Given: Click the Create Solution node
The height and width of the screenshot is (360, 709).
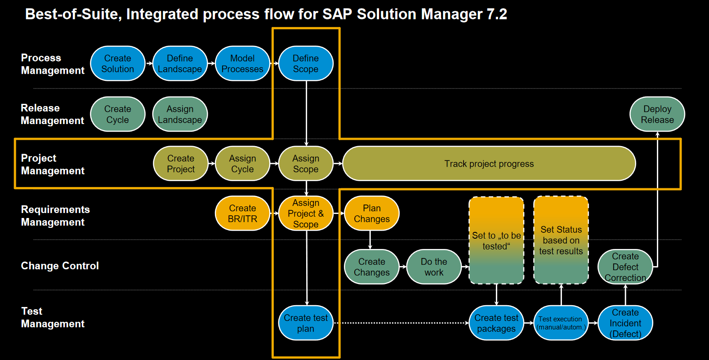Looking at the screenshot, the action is pos(118,63).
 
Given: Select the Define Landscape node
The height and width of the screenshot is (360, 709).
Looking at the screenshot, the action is pos(180,63).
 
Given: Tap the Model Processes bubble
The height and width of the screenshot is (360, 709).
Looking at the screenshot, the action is pos(242,63).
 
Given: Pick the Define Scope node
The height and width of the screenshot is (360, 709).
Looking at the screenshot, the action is pos(306,63).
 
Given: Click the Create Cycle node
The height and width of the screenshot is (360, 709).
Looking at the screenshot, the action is pos(118,114).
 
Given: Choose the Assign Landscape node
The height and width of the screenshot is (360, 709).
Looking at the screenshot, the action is pos(180,114).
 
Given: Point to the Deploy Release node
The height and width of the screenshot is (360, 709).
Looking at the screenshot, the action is pos(657,114).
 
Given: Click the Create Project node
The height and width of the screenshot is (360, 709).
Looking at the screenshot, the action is pos(181,164).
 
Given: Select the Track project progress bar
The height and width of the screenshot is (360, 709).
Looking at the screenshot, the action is pos(489,164).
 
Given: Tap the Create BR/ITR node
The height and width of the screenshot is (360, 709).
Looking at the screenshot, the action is pos(242,213).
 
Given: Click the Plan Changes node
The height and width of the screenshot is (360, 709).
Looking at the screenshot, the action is pos(372,213).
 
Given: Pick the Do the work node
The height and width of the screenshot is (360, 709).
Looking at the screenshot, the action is pos(434,267).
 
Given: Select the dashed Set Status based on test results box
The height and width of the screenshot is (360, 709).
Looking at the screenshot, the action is pos(561,240).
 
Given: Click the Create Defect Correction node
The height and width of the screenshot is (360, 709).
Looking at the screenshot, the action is pos(625,267).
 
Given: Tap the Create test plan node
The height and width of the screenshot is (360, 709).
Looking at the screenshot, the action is pos(306,323).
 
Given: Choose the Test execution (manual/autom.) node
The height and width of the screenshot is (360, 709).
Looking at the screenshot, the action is pos(561,323).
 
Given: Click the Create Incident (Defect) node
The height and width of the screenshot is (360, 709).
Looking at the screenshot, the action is pos(625,323).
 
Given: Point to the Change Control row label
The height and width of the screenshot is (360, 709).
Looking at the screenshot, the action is pos(60,266).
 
